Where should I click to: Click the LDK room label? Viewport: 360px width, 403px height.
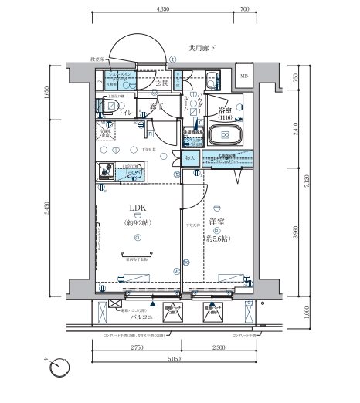pyautogui.click(x=138, y=208)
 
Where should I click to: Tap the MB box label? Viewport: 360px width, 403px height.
pyautogui.click(x=244, y=76)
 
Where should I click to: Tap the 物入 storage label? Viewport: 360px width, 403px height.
pyautogui.click(x=191, y=157)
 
